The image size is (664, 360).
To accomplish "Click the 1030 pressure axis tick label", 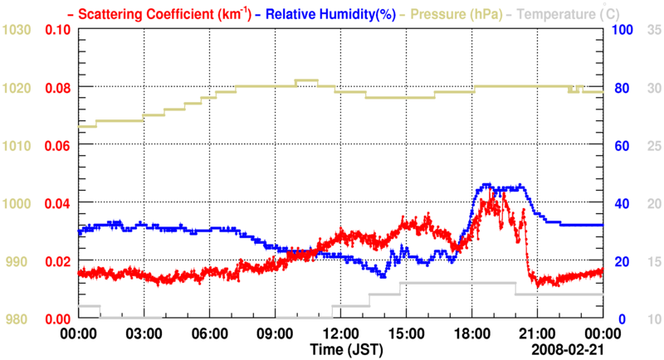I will click(x=16, y=31).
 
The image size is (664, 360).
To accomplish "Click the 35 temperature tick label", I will click(x=653, y=31).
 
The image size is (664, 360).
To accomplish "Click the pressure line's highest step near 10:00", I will click(x=306, y=80).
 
